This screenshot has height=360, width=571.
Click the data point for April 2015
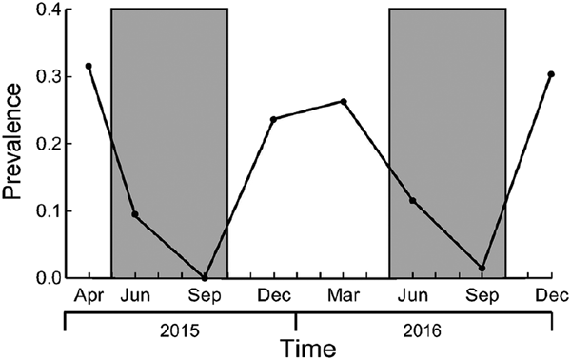89,66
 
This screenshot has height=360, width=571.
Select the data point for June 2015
135,214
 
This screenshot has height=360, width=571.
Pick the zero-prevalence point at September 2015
205,277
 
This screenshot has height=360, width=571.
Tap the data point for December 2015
273,119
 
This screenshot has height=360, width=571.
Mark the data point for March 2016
343,101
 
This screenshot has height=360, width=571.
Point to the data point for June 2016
412,200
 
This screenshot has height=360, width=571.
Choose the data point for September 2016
482,268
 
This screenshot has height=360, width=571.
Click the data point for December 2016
551,74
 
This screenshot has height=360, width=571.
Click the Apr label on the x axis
89,295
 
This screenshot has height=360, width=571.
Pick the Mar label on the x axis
343,295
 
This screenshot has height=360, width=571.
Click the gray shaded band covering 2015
169,143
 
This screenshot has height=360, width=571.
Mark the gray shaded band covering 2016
447,143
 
